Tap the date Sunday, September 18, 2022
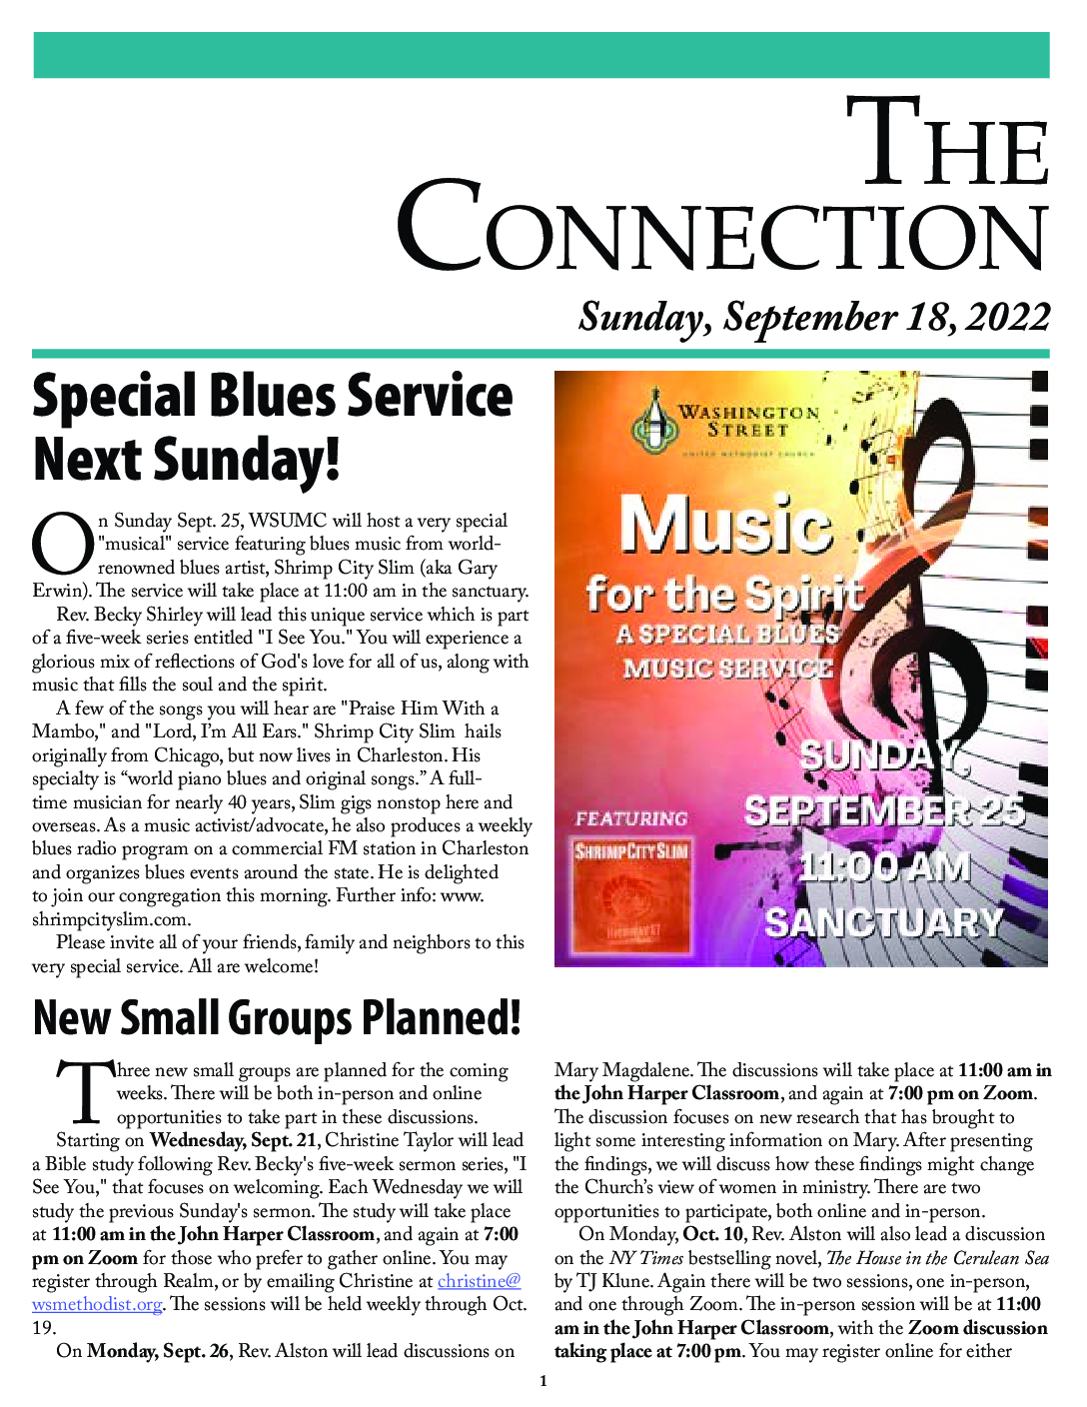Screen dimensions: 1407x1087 [814, 317]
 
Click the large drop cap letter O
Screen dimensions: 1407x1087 [62, 545]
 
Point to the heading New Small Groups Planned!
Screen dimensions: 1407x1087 [277, 1017]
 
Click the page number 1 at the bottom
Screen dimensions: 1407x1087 [543, 1382]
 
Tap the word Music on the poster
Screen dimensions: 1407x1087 [724, 525]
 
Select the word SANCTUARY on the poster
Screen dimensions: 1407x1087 [883, 922]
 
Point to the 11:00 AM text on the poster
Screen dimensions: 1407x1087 [884, 866]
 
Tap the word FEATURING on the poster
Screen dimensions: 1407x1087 [631, 818]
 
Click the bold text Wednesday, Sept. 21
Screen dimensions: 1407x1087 [235, 1140]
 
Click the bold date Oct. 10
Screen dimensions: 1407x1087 [713, 1234]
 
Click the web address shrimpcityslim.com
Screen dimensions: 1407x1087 [111, 919]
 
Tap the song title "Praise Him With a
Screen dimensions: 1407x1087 [420, 708]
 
